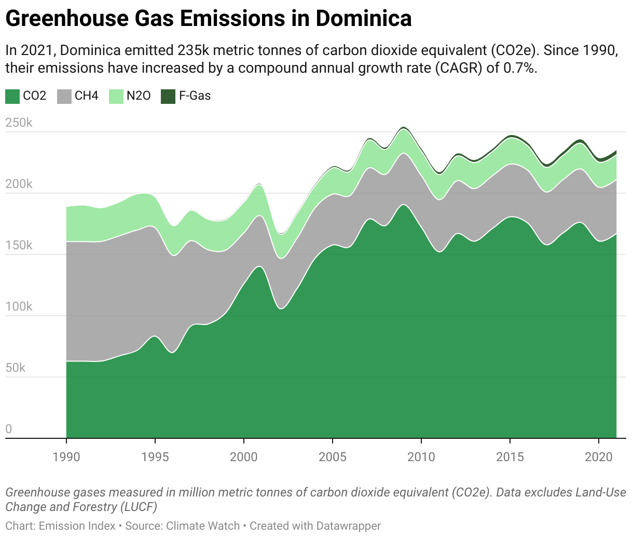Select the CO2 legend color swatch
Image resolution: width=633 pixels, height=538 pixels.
pyautogui.click(x=12, y=96)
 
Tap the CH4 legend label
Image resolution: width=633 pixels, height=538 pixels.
pyautogui.click(x=86, y=96)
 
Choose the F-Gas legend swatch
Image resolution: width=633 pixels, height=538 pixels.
pyautogui.click(x=168, y=96)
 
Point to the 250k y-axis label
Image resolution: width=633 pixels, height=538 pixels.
pyautogui.click(x=19, y=123)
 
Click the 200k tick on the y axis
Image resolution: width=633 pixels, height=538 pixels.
pyautogui.click(x=19, y=184)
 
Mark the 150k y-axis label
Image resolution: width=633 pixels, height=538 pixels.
pyautogui.click(x=19, y=246)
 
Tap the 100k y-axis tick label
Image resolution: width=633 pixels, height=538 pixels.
pyautogui.click(x=19, y=307)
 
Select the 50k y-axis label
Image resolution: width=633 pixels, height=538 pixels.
pyautogui.click(x=16, y=368)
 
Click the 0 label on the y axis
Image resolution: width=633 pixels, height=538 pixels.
pyautogui.click(x=9, y=429)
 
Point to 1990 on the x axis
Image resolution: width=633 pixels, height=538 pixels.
pyautogui.click(x=66, y=456)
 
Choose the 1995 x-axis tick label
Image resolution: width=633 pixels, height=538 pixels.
pyautogui.click(x=155, y=456)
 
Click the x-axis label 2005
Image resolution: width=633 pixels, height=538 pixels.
pyautogui.click(x=333, y=456)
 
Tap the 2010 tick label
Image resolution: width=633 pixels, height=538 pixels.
pyautogui.click(x=421, y=456)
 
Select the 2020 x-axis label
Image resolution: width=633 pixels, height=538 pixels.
pyautogui.click(x=599, y=456)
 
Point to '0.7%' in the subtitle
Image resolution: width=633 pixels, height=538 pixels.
pyautogui.click(x=519, y=68)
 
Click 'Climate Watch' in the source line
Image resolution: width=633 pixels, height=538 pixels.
pyautogui.click(x=203, y=526)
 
